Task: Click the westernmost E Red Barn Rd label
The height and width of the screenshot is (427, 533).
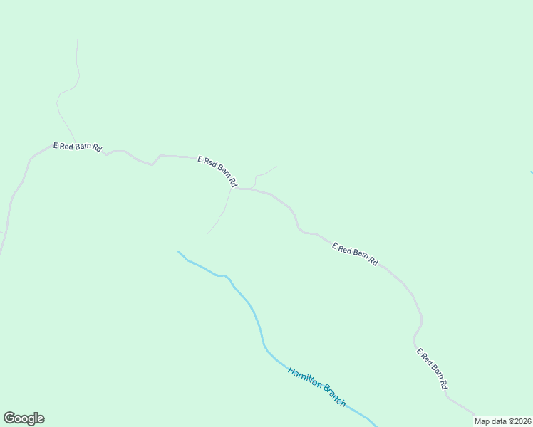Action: pyautogui.click(x=78, y=147)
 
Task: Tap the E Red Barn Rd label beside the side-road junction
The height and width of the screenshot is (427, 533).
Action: pyautogui.click(x=217, y=171)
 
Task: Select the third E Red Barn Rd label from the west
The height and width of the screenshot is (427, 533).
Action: pyautogui.click(x=355, y=253)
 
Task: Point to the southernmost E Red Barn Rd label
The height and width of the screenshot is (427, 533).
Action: pyautogui.click(x=432, y=369)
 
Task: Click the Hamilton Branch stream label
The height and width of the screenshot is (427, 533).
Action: pyautogui.click(x=317, y=386)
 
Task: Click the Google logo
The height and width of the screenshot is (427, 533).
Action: pyautogui.click(x=24, y=418)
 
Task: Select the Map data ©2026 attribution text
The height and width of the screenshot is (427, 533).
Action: pyautogui.click(x=503, y=421)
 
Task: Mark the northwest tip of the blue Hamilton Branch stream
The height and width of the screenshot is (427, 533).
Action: pyautogui.click(x=178, y=251)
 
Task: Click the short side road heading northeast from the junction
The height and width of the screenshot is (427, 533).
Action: pyautogui.click(x=264, y=173)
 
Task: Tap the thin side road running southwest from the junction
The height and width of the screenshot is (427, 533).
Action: pyautogui.click(x=220, y=213)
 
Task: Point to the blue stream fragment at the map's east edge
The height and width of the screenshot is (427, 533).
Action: pyautogui.click(x=531, y=172)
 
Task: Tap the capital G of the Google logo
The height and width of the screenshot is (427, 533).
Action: pyautogui.click(x=10, y=418)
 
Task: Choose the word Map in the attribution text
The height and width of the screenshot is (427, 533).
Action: pyautogui.click(x=482, y=421)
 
